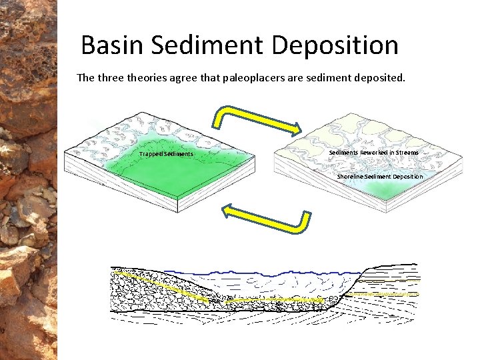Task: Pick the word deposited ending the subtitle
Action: pos(381,78)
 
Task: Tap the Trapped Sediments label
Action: pos(166,154)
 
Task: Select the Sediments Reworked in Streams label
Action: pos(374,153)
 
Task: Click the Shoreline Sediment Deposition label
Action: pos(379,177)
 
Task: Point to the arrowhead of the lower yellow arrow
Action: pos(229,212)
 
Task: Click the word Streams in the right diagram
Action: pos(407,153)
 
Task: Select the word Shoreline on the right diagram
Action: pos(350,177)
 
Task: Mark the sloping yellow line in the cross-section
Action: pos(160,283)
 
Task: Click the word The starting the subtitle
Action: pos(85,77)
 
